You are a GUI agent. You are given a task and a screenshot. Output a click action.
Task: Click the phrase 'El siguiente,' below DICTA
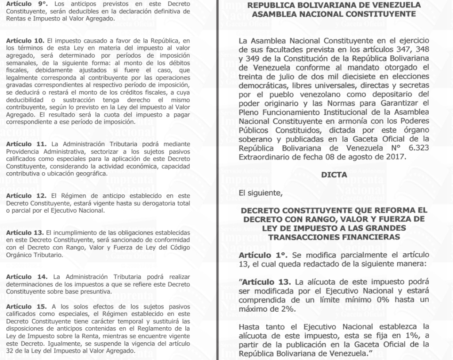click(259, 193)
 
